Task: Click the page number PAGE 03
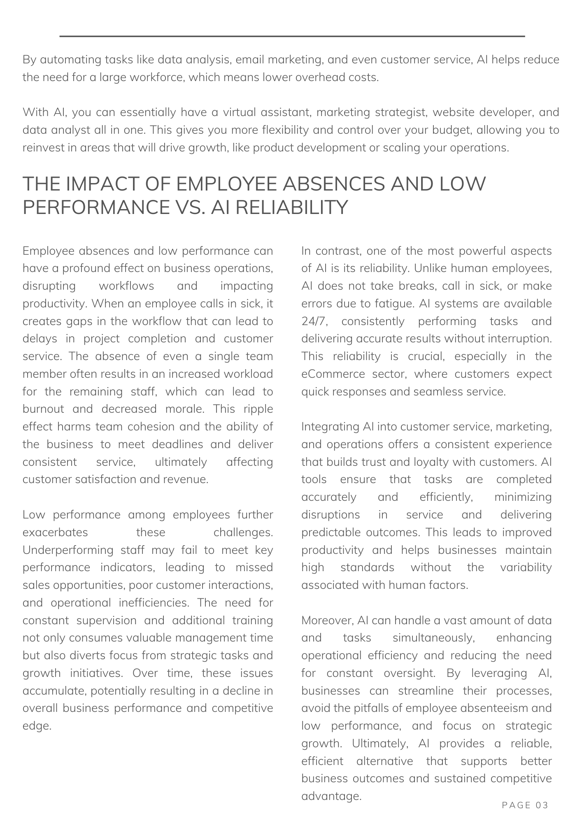tap(525, 805)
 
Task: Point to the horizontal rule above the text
tap(292, 37)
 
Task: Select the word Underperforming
tap(68, 550)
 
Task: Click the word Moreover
tap(327, 620)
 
